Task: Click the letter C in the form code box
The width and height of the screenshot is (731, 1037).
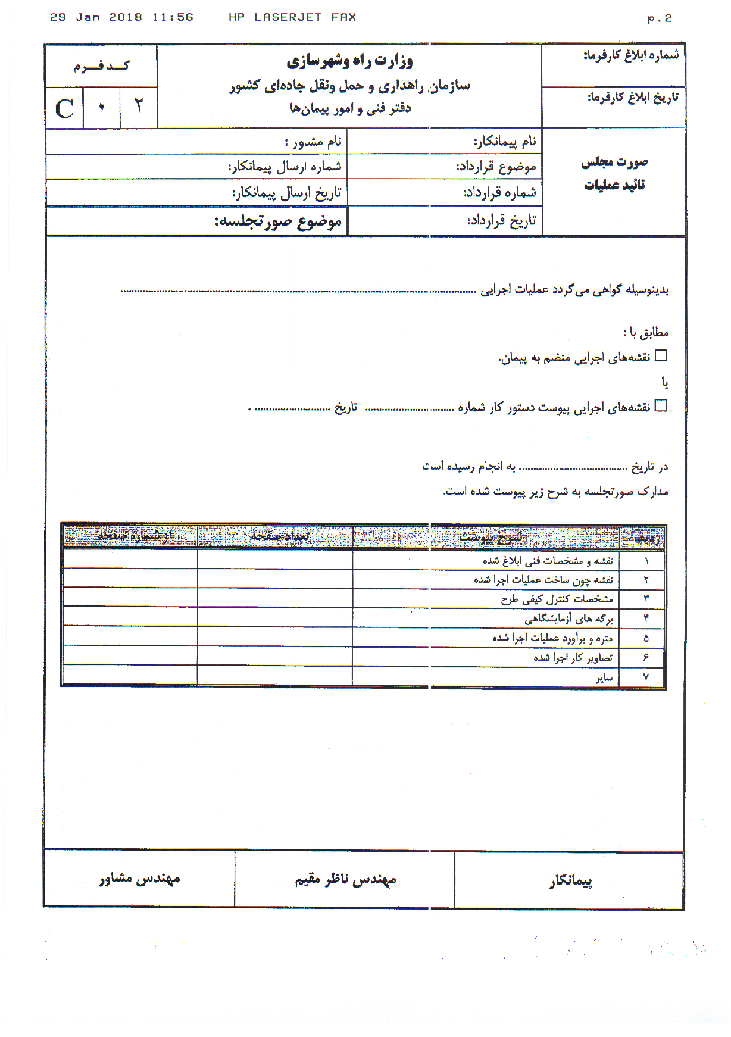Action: click(x=64, y=109)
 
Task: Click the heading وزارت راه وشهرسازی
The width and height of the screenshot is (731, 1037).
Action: click(x=350, y=61)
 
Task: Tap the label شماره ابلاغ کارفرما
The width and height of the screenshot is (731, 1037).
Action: click(x=630, y=55)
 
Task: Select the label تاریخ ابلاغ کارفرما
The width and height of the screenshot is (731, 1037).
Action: click(x=633, y=97)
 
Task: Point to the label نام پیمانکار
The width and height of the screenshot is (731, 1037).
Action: click(x=505, y=141)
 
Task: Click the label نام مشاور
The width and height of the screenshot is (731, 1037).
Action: click(x=313, y=142)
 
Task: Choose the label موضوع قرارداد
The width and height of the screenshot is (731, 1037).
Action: click(x=496, y=167)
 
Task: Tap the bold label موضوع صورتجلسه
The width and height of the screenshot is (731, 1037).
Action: click(x=279, y=221)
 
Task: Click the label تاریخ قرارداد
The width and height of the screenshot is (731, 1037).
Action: click(x=502, y=220)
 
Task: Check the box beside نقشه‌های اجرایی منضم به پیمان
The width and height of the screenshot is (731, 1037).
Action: click(x=661, y=356)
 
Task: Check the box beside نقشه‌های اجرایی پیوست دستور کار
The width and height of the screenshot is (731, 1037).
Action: click(x=661, y=406)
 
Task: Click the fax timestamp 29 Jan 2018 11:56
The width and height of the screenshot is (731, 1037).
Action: click(x=121, y=17)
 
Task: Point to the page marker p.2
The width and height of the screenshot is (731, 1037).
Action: click(x=660, y=18)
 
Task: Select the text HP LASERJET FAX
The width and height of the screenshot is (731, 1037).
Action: click(x=292, y=17)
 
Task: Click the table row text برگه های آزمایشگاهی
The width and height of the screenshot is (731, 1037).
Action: click(x=568, y=619)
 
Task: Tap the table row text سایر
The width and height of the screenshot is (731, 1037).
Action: click(x=604, y=677)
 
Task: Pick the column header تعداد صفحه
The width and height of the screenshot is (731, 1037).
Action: click(x=280, y=536)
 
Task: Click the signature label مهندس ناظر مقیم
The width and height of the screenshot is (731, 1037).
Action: click(x=345, y=879)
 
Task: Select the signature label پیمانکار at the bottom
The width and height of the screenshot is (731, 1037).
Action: click(x=570, y=881)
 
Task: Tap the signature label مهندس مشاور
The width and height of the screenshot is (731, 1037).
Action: click(x=139, y=879)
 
